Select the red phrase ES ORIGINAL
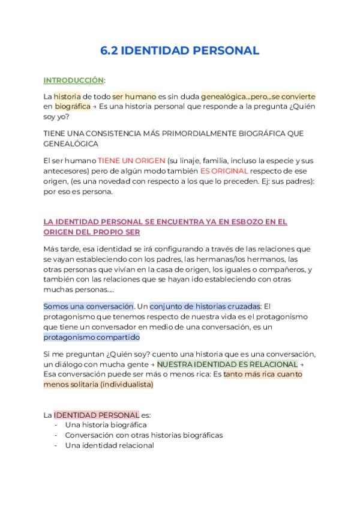(x=225, y=171)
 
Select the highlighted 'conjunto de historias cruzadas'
(x=205, y=306)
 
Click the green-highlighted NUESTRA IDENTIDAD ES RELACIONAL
(x=227, y=364)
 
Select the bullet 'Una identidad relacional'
(x=109, y=445)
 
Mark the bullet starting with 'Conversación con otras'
(x=143, y=435)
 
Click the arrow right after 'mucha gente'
(x=152, y=364)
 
